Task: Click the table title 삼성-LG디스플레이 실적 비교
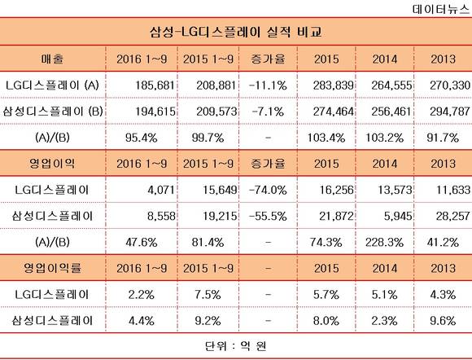235,32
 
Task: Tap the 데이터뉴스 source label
441,9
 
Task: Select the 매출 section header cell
52,59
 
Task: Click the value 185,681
155,86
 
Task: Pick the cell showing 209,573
216,112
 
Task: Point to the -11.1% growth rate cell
268,86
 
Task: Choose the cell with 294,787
450,112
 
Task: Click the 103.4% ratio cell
326,138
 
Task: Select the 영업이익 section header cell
52,163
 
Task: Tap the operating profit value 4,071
161,190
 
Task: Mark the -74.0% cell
268,190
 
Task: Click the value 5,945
398,217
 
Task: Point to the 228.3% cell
384,243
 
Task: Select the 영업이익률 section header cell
52,268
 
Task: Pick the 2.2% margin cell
142,295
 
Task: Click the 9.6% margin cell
443,321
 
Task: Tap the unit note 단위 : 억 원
236,346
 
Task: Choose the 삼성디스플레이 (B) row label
53,112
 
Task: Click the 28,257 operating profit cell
453,217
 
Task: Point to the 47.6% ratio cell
142,243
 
